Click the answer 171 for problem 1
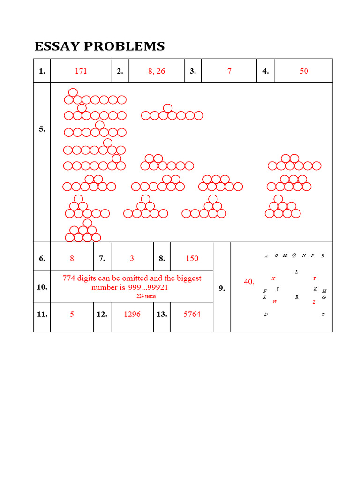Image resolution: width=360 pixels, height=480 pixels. [x=81, y=71]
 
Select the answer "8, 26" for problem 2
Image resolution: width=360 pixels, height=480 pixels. [x=156, y=71]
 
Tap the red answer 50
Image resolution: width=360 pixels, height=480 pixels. [x=304, y=71]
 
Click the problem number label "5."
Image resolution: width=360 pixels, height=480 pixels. [x=42, y=129]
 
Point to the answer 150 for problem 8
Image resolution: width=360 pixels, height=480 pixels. [x=192, y=258]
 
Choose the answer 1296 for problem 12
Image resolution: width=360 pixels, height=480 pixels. [x=132, y=314]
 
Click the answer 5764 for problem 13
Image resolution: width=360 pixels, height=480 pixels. [x=192, y=314]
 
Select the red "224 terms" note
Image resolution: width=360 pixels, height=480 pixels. [x=146, y=296]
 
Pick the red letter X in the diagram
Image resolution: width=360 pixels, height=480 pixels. [x=273, y=278]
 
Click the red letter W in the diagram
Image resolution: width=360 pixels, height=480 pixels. [x=275, y=302]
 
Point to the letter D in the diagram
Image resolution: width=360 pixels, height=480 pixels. [x=265, y=315]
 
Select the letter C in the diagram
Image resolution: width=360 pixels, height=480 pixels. [x=323, y=315]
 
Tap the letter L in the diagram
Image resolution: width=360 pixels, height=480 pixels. [x=296, y=272]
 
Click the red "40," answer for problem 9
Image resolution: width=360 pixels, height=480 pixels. [x=249, y=282]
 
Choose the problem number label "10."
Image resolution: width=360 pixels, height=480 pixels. [x=42, y=286]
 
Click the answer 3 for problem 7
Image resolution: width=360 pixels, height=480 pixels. [x=132, y=258]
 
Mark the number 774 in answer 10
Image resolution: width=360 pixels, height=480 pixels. [x=70, y=278]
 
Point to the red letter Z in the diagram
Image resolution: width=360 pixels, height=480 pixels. [x=314, y=302]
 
